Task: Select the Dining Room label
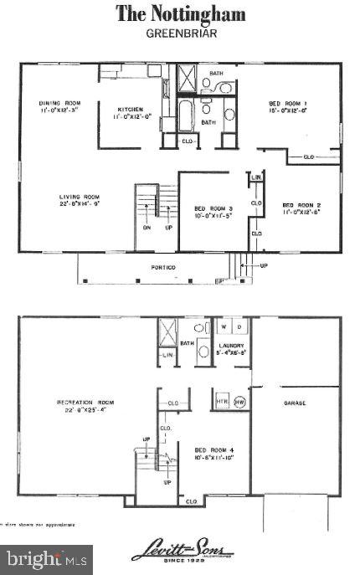[x=58, y=105]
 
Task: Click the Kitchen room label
[x=130, y=110]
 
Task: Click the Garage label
[x=295, y=403]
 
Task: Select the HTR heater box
[x=221, y=400]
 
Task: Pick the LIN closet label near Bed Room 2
[x=256, y=178]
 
